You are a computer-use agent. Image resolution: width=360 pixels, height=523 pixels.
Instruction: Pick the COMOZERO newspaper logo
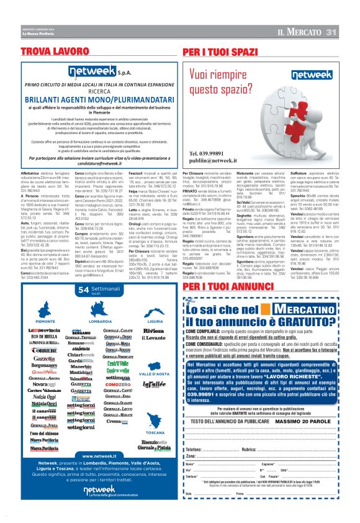(117, 367)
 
